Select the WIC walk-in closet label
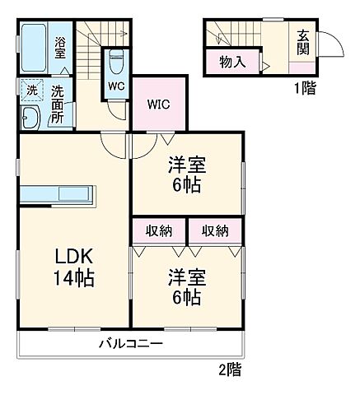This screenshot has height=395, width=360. pyautogui.click(x=159, y=105)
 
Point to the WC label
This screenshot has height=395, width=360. pyautogui.click(x=115, y=85)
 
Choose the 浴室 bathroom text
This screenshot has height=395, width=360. pyautogui.click(x=61, y=48)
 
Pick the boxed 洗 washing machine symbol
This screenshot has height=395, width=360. pyautogui.click(x=30, y=89)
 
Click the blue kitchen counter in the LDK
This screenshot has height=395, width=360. pyautogui.click(x=58, y=196)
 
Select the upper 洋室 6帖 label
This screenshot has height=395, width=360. pyautogui.click(x=187, y=174)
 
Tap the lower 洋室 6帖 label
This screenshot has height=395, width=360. pyautogui.click(x=187, y=285)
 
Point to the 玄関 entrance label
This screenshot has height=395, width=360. pyautogui.click(x=303, y=43)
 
